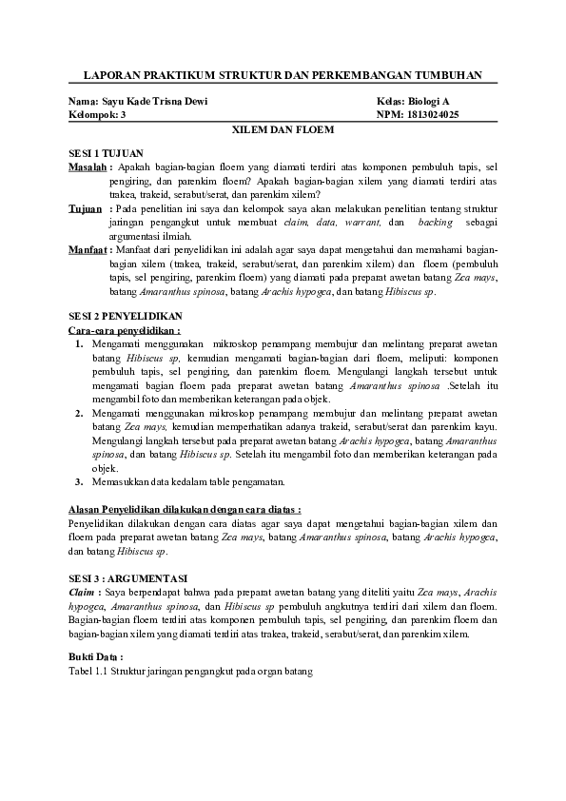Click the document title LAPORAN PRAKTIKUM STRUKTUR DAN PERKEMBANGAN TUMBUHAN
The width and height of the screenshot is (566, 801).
pyautogui.click(x=283, y=74)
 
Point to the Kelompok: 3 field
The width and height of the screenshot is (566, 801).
pyautogui.click(x=97, y=114)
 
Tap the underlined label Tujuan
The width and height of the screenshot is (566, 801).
pyautogui.click(x=86, y=208)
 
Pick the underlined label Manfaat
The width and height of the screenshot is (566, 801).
pyautogui.click(x=88, y=249)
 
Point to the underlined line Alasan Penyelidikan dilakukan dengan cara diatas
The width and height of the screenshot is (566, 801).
pyautogui.click(x=185, y=510)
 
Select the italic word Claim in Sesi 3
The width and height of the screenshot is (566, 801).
pyautogui.click(x=85, y=592)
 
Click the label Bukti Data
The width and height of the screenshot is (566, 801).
pyautogui.click(x=96, y=657)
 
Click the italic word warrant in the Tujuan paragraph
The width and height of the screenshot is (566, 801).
pyautogui.click(x=365, y=222)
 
